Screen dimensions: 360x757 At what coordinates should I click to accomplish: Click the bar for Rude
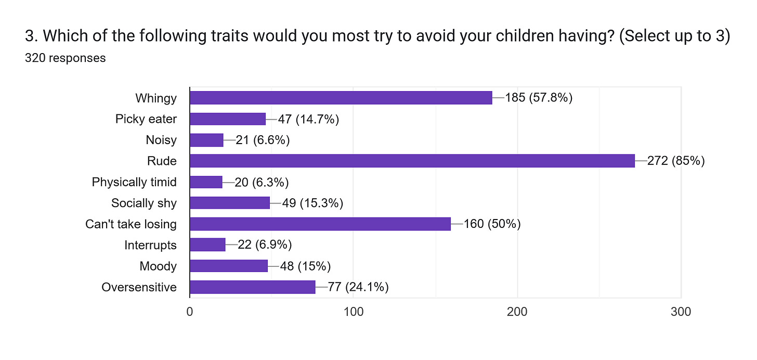[412, 161]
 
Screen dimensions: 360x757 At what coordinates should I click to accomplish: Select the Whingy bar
[341, 98]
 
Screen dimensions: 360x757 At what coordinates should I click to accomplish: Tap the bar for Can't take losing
[320, 224]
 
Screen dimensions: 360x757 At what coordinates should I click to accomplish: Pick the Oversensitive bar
[252, 287]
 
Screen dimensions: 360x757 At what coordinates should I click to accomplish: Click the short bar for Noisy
[206, 140]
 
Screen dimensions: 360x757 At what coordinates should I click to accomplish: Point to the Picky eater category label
[146, 119]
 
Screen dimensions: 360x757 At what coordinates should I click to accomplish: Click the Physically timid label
[134, 182]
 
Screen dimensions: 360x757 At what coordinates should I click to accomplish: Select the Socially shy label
[144, 203]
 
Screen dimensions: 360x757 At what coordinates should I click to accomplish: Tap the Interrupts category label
[150, 245]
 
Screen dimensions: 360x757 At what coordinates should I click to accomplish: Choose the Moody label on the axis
[158, 266]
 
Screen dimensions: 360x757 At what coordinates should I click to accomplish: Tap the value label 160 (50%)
[492, 224]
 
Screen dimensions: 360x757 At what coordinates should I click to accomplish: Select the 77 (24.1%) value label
[358, 287]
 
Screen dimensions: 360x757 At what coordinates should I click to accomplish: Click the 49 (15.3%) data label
[312, 203]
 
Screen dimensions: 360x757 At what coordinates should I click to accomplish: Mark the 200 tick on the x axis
[517, 312]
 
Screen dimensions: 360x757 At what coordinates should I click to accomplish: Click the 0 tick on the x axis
[190, 312]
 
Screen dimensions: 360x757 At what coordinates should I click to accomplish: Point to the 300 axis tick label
[681, 312]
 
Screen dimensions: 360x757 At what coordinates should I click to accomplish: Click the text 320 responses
[65, 58]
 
